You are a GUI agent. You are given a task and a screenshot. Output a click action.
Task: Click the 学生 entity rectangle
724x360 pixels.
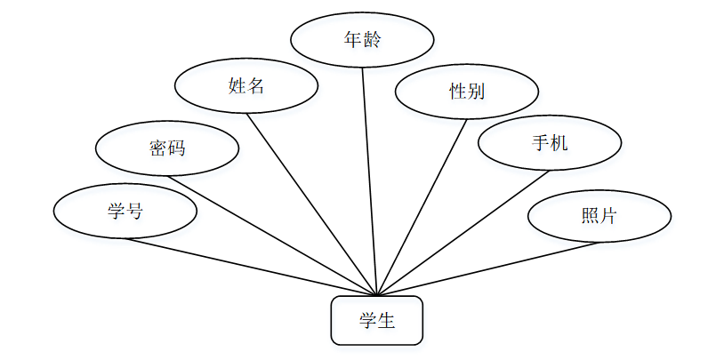376,321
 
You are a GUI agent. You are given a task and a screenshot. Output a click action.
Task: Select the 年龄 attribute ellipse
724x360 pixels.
363,39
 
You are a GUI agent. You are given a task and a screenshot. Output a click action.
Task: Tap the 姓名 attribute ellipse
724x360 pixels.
246,86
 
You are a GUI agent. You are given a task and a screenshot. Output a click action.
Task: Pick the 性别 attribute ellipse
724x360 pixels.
467,92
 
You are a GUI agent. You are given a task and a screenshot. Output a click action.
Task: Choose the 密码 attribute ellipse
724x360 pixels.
167,148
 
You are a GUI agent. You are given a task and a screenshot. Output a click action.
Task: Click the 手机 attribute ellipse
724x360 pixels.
550,142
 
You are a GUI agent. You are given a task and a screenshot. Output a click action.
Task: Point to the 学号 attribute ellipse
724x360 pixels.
125,212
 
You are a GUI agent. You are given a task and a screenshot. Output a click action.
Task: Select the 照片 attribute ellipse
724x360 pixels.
599,215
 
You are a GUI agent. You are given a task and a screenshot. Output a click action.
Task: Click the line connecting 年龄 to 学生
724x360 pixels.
370,178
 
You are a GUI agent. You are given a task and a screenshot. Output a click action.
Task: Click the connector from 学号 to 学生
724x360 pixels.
249,267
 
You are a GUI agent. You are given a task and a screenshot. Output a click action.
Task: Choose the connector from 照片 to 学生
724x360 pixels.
489,268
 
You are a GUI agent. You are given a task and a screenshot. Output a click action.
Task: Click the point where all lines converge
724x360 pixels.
377,296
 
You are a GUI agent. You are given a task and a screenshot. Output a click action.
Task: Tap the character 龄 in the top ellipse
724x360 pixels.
372,39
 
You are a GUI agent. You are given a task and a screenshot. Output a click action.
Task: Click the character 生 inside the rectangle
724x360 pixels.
386,321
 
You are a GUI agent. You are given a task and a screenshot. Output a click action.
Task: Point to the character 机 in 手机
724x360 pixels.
559,142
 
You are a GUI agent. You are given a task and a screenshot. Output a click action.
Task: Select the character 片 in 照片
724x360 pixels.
608,215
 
